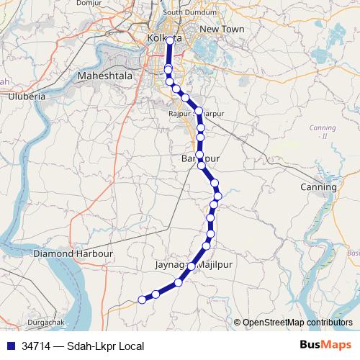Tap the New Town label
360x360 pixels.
click(x=222, y=29)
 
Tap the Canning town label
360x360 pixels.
click(x=318, y=187)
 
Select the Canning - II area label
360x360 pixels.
click(x=318, y=131)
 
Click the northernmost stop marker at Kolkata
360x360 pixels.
click(x=171, y=41)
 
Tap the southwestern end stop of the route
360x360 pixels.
click(x=142, y=300)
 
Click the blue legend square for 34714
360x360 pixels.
click(x=10, y=346)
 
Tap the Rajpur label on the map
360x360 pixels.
click(x=179, y=114)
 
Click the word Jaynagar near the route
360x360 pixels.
click(x=171, y=266)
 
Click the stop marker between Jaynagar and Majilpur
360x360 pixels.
click(x=191, y=266)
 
